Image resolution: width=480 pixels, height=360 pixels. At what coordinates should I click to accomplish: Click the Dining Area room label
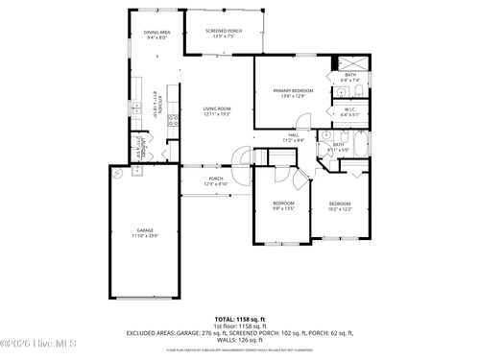tap(157, 36)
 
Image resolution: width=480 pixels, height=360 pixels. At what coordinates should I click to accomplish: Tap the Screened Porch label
tap(224, 34)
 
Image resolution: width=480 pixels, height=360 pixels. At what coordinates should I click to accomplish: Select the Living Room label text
tap(217, 111)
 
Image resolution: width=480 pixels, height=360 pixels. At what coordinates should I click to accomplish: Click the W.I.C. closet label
tap(350, 111)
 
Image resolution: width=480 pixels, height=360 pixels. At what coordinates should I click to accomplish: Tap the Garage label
tap(146, 232)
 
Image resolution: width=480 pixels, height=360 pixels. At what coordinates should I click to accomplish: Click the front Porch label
tap(216, 180)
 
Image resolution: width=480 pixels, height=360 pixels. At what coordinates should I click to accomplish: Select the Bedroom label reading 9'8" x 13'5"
tap(283, 205)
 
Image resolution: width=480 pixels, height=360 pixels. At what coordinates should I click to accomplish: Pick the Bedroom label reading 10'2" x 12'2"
tap(341, 205)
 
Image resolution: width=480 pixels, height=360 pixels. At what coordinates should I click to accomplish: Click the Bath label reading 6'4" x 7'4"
tap(350, 76)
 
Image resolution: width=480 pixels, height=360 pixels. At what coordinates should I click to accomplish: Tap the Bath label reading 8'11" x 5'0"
tap(339, 147)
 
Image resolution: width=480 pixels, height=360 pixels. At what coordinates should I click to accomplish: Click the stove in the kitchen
tap(174, 121)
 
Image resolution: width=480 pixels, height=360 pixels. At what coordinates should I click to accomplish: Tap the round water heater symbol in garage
tap(117, 175)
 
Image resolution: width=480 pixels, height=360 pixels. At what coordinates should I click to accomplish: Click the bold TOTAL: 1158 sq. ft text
tap(239, 318)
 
